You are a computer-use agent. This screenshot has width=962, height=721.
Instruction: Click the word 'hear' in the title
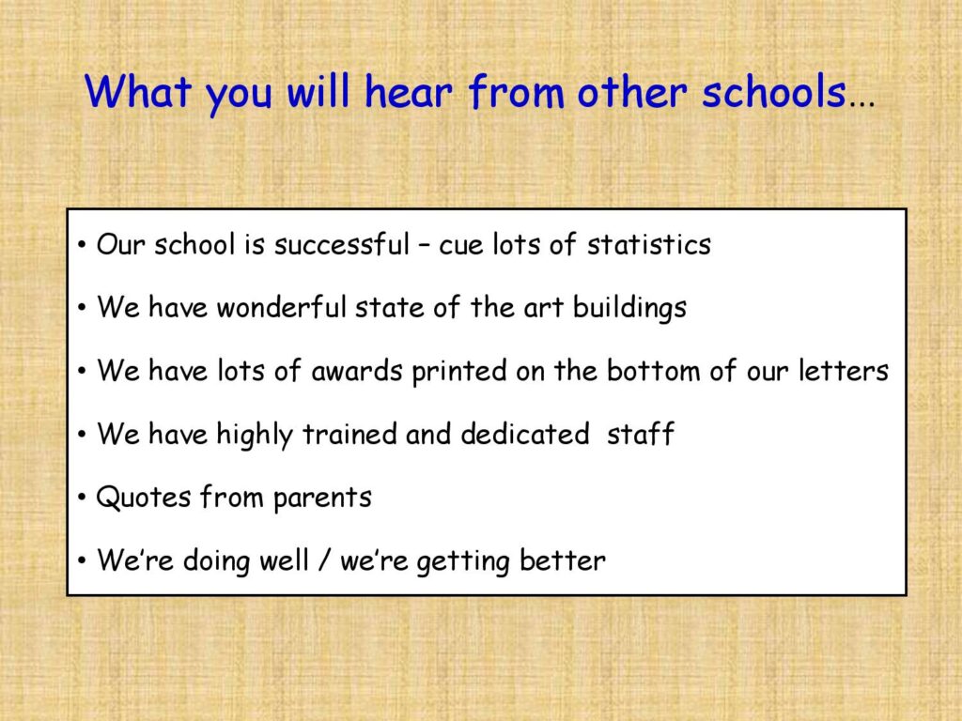click(409, 92)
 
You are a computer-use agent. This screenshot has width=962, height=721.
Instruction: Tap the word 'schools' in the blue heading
click(774, 92)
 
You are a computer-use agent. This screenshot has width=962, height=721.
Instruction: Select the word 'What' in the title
click(138, 92)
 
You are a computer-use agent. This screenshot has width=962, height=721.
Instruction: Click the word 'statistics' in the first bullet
click(648, 244)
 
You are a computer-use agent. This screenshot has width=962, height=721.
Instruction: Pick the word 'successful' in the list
click(341, 244)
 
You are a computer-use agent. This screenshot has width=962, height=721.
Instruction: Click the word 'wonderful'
click(282, 307)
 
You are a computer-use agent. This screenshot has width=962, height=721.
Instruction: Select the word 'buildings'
click(629, 308)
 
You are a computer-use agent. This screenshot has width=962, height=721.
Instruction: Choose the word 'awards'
click(356, 371)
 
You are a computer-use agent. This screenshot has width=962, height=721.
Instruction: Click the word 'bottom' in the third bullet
click(654, 371)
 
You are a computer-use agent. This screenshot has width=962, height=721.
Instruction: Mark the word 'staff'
click(641, 434)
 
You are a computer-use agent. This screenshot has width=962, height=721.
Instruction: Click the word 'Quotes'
click(143, 498)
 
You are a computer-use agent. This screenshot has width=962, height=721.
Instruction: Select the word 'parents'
click(322, 499)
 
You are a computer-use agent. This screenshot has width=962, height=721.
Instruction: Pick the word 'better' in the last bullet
click(562, 560)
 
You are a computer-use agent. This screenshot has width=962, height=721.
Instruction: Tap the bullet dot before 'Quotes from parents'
click(83, 498)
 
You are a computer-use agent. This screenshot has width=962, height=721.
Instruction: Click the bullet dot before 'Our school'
click(83, 245)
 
